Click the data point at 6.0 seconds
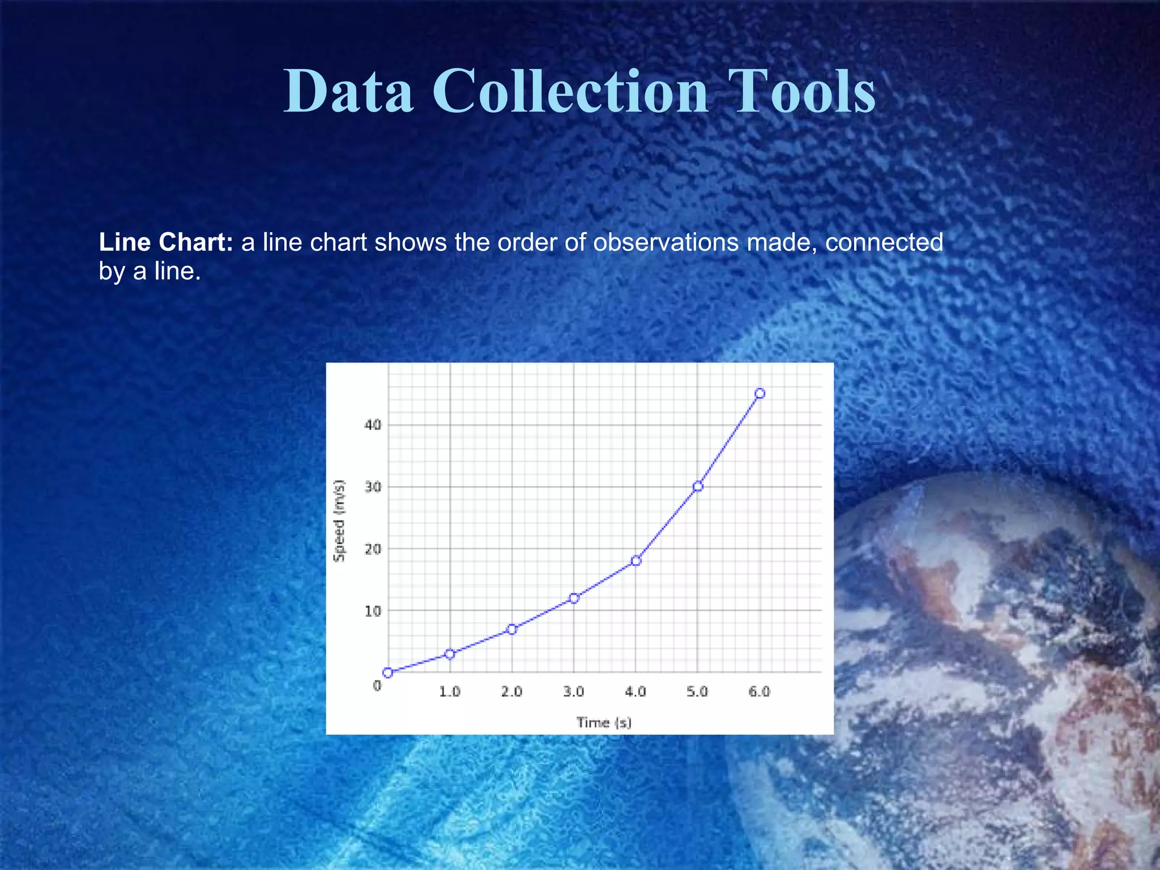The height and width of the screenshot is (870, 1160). (760, 394)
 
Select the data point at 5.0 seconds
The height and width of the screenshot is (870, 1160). (698, 486)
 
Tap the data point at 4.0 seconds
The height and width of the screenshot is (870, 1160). (636, 561)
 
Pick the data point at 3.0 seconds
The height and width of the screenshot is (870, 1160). (574, 598)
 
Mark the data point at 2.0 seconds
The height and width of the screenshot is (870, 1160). (512, 629)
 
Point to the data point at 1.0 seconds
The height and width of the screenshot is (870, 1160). (450, 654)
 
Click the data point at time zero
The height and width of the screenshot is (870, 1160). (388, 673)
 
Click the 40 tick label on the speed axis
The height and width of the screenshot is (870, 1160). (373, 425)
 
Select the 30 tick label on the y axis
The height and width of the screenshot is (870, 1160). (373, 487)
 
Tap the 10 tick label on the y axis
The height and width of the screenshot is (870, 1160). (373, 611)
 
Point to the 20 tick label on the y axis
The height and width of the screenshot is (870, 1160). (373, 549)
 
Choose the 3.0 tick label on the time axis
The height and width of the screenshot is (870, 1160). (574, 692)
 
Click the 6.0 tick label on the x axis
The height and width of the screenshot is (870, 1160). (760, 692)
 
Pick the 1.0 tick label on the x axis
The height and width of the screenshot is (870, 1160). (450, 692)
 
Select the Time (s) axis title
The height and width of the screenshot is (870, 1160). (604, 723)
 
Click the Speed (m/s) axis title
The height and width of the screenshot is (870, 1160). (339, 521)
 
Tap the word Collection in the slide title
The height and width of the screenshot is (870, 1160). (570, 91)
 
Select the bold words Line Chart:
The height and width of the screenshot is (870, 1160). (166, 242)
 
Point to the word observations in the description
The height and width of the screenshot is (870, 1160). (666, 242)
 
